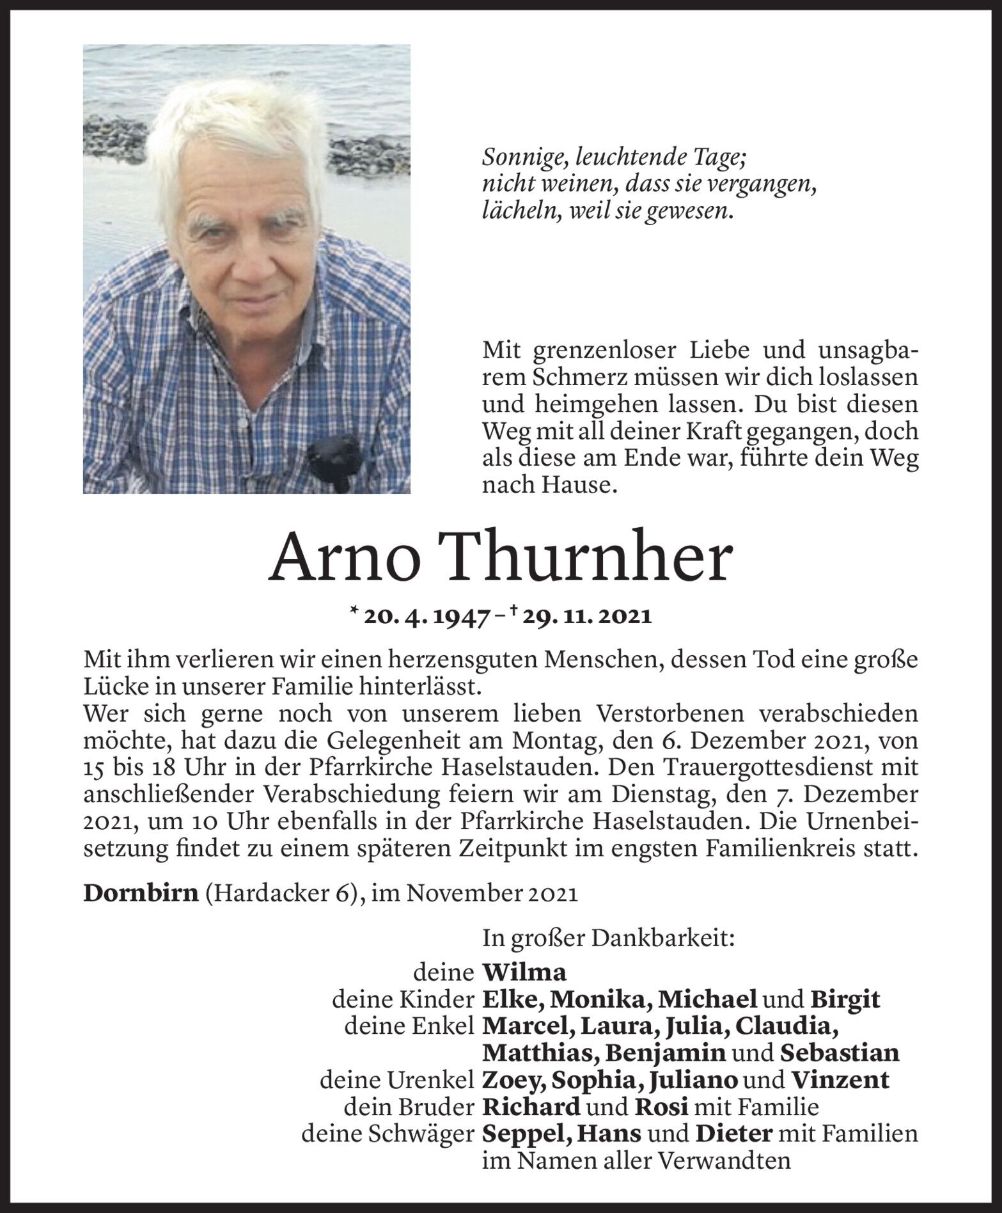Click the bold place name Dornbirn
(141, 893)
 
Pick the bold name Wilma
(524, 972)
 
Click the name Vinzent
(840, 1080)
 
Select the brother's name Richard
(531, 1107)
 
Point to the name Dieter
(734, 1134)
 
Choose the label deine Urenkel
(396, 1080)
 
